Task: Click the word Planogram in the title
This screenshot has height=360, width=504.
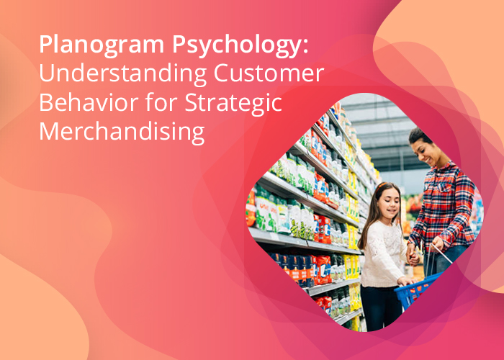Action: tap(102, 45)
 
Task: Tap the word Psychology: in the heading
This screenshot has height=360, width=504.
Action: tap(240, 45)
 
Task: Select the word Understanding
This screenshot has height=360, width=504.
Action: tap(123, 73)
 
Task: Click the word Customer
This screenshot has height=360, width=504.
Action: tap(269, 73)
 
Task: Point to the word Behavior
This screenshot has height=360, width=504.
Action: tap(89, 102)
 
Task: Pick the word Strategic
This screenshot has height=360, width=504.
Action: tap(233, 103)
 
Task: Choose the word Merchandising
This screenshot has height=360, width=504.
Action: tap(122, 132)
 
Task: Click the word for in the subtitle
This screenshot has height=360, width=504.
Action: tap(161, 102)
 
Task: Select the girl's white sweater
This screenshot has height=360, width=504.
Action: tap(383, 254)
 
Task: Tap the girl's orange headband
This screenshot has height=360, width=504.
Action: tap(382, 185)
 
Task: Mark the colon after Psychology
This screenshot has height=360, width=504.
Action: tap(305, 48)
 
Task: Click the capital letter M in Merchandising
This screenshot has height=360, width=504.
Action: tap(48, 131)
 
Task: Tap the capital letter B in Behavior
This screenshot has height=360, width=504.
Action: tap(45, 102)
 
